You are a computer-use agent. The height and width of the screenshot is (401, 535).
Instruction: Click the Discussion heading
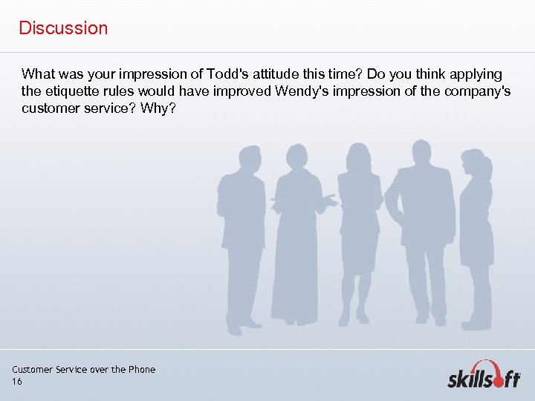coord(63,28)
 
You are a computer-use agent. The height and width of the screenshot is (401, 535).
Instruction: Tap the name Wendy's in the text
coord(304,91)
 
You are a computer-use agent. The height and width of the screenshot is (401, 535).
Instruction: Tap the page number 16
coord(17,382)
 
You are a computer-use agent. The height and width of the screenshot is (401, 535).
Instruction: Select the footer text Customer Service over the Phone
coord(83,370)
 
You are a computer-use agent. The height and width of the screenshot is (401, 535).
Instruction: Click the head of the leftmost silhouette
coord(249,158)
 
